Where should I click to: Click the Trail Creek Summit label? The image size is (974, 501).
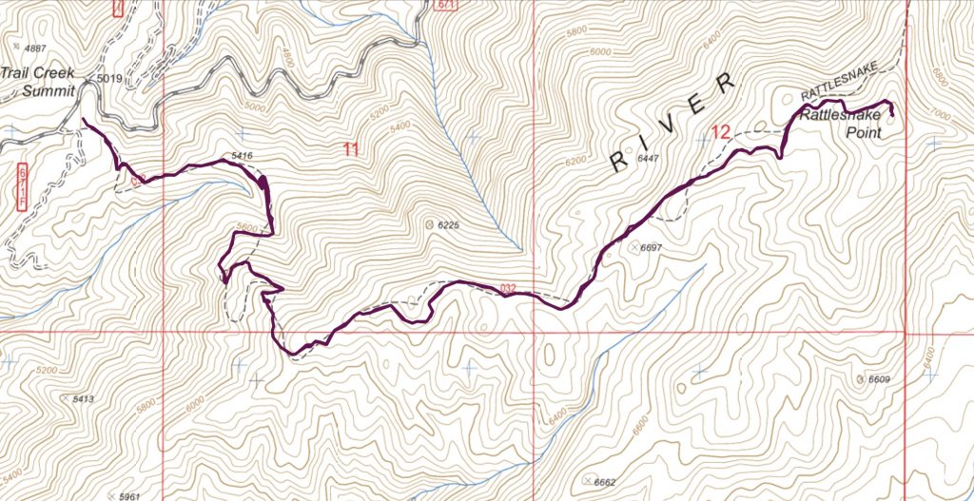point(37,82)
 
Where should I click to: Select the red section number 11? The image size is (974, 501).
point(351,149)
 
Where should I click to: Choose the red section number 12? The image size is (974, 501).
point(720,133)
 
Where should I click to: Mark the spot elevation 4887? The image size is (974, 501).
point(36,48)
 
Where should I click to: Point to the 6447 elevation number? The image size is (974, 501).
point(649,158)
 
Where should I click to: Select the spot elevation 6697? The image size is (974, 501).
point(651,246)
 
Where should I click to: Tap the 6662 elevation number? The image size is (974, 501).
point(606,482)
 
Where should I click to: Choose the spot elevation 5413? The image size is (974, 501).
point(82,399)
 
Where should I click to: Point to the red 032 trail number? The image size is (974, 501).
point(509,287)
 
